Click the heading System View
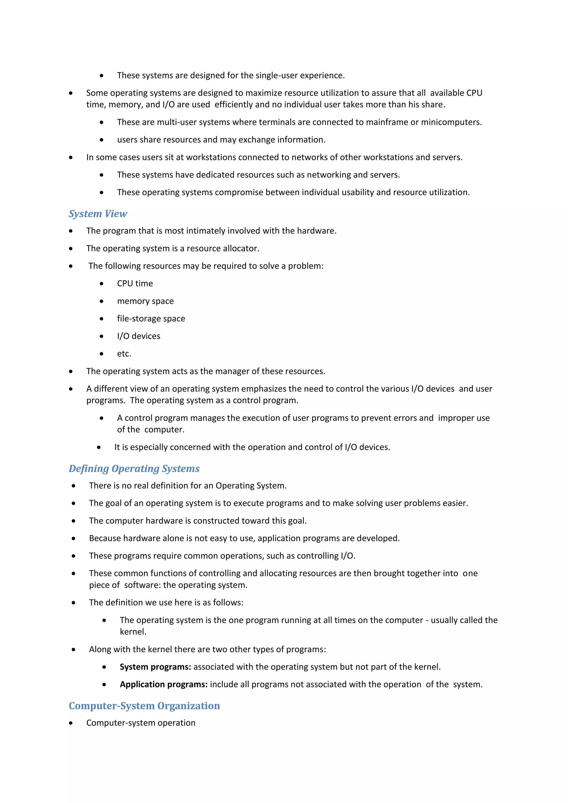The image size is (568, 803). (98, 214)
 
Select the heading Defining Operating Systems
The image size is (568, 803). (134, 469)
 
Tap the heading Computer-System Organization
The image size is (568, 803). (144, 706)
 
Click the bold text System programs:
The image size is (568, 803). (155, 667)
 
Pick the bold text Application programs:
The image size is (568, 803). (164, 684)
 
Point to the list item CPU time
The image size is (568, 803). (135, 284)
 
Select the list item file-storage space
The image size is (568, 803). (151, 319)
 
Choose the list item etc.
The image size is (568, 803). (124, 354)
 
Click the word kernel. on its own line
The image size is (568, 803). (133, 632)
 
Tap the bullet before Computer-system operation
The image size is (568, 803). (71, 723)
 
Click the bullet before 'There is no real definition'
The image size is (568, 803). (73, 486)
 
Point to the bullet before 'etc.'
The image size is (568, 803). (102, 354)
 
